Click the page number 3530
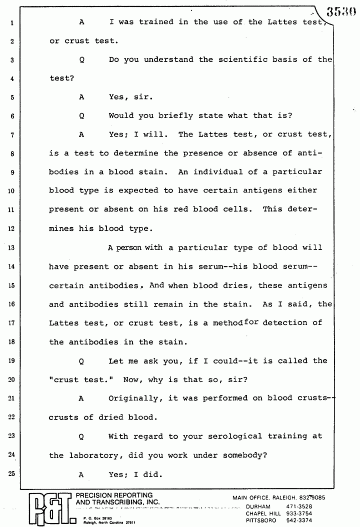tap(342, 11)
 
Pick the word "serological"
tap(222, 436)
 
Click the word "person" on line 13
tap(129, 247)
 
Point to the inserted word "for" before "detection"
tap(251, 322)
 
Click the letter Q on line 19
tap(81, 361)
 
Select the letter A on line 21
tap(81, 398)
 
